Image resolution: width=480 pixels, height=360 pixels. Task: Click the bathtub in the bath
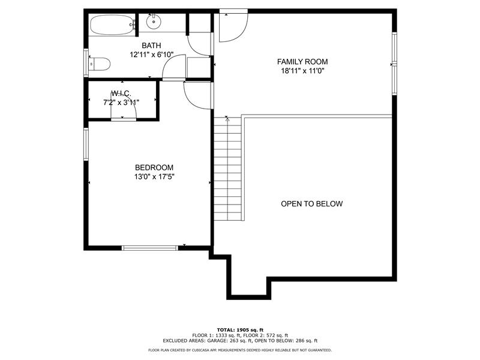(112, 25)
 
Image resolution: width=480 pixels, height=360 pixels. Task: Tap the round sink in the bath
(154, 22)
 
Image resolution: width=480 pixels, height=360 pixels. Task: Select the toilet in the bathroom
(99, 64)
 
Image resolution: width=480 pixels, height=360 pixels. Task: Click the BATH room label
(151, 46)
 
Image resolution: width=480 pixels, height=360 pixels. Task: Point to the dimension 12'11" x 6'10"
(152, 55)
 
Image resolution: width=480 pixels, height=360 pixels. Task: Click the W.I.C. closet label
(121, 94)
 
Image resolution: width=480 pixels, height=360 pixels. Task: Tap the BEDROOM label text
(154, 167)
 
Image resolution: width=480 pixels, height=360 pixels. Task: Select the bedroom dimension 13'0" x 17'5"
(154, 176)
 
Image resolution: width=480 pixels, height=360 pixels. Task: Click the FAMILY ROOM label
(302, 62)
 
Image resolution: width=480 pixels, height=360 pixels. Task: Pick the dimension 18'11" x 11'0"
(302, 71)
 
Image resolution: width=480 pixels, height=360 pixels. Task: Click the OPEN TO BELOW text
(311, 204)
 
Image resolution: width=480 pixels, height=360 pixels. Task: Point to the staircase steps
(227, 169)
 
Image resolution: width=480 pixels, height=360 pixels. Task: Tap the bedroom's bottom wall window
(149, 248)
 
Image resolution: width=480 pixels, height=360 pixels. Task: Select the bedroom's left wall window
(86, 144)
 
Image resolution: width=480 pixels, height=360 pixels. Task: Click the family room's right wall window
(394, 64)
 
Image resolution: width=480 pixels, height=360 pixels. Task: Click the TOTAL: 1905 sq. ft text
(240, 329)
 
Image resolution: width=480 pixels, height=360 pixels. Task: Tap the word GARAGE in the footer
(217, 340)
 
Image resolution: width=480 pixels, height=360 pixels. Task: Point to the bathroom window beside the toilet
(86, 63)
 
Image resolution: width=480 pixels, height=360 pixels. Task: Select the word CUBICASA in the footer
(202, 350)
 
